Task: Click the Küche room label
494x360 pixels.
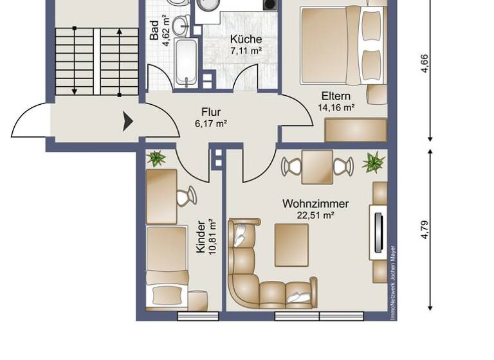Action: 246,39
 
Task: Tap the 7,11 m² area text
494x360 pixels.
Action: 246,51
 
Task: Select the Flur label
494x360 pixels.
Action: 211,112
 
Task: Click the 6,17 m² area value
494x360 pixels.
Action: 211,123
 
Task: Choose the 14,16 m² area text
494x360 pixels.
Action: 336,109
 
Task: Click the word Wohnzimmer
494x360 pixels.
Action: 315,204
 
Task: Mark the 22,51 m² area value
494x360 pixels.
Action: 316,216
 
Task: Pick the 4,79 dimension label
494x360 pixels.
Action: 425,229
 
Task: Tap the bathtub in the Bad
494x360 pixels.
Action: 187,63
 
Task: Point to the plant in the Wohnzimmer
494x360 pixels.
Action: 373,162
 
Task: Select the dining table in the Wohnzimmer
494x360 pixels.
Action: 317,166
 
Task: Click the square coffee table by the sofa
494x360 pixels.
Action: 291,244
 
